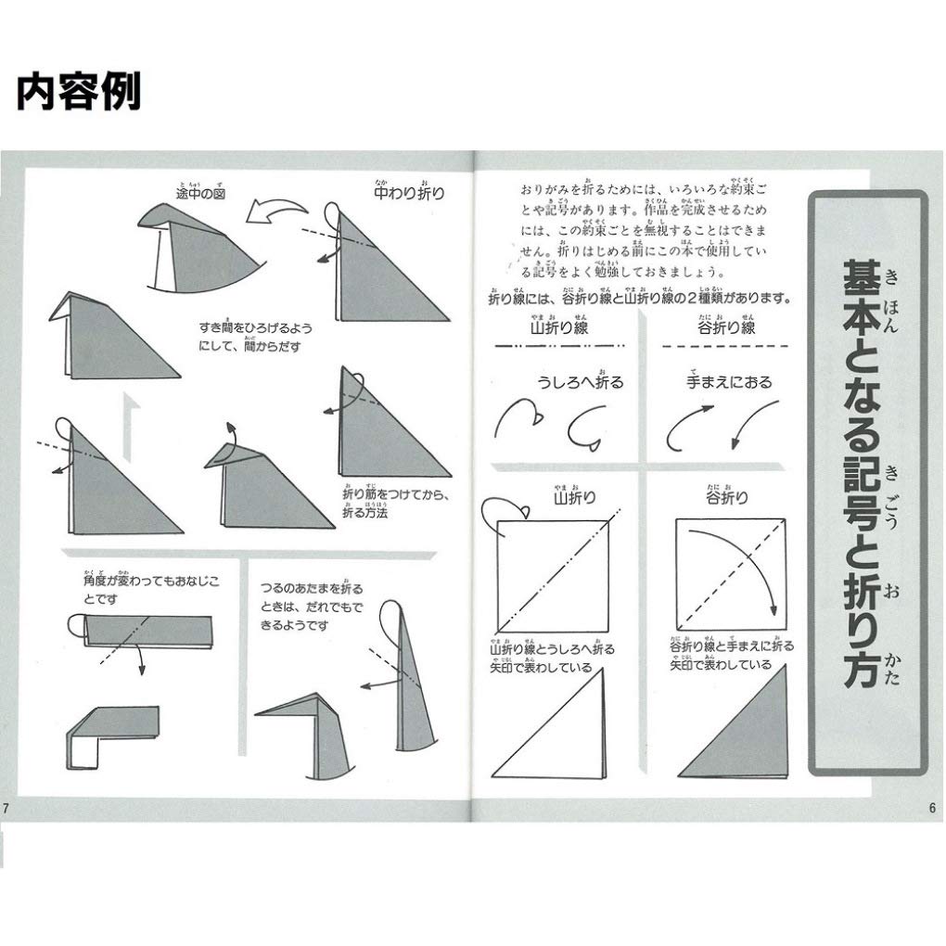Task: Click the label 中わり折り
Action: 408,194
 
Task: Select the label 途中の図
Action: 201,193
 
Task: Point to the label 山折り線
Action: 561,327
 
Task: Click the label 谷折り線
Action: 726,327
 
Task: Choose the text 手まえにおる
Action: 729,381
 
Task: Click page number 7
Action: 6,806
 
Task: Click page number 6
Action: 931,806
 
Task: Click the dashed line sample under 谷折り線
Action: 726,346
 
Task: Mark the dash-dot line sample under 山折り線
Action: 561,345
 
